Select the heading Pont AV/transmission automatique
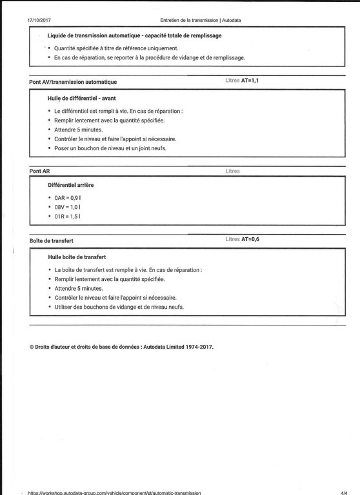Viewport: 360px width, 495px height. coord(73,82)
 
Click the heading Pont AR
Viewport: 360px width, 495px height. coord(40,171)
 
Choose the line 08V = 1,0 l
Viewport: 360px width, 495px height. coord(67,206)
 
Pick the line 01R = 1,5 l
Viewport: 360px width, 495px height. coord(67,217)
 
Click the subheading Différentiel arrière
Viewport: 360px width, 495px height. coord(75,184)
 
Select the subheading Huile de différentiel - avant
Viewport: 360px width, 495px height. coord(86,97)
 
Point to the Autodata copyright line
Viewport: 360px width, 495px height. coord(121,346)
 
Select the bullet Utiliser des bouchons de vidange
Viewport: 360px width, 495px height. coord(119,307)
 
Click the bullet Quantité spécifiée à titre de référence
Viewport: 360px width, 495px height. coord(116,48)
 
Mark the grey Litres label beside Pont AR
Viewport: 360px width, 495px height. coord(233,171)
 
